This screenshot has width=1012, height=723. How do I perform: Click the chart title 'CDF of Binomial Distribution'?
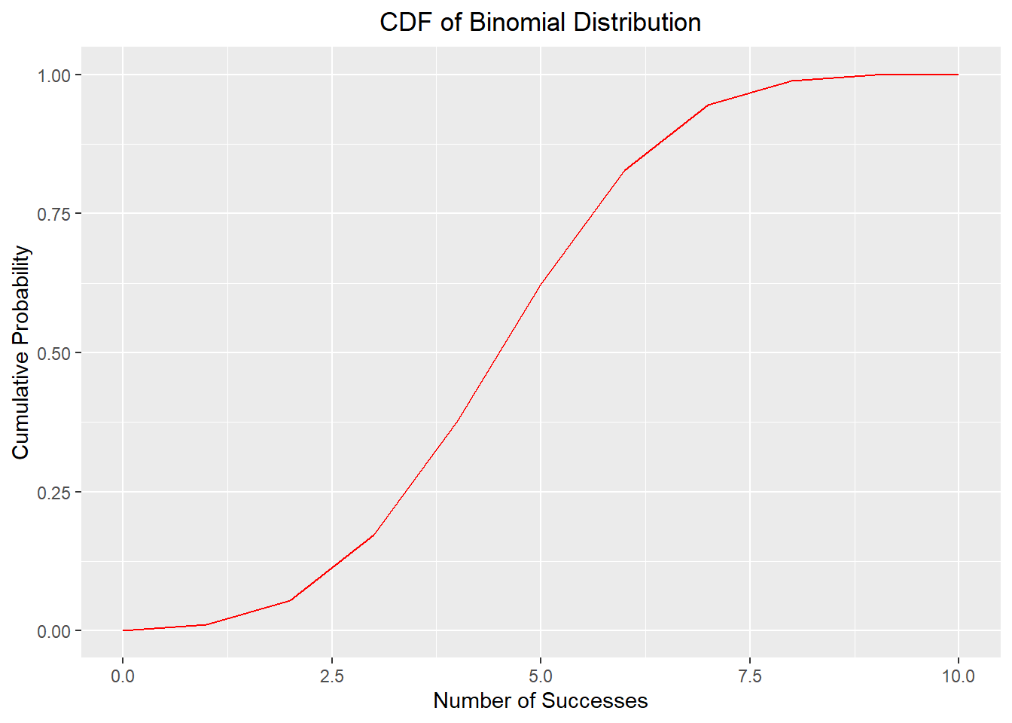[x=540, y=23]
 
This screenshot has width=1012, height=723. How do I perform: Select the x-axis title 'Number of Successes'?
[x=540, y=700]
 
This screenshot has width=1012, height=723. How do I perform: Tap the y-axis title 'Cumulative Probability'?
[x=21, y=352]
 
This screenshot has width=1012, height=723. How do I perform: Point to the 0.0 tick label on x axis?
[x=123, y=676]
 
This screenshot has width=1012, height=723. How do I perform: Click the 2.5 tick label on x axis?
[x=331, y=676]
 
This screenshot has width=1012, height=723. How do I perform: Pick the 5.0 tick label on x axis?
[x=541, y=676]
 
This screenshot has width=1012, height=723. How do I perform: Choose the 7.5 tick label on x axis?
[x=749, y=676]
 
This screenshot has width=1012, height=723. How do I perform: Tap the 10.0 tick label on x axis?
[x=958, y=676]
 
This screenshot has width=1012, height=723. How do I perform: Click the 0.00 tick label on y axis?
[x=53, y=631]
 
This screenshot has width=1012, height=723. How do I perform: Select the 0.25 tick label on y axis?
[x=53, y=492]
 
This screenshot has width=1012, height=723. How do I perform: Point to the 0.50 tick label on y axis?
[x=53, y=353]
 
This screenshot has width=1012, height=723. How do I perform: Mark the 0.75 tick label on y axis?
[x=53, y=214]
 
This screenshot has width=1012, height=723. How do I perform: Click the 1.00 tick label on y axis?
[x=53, y=75]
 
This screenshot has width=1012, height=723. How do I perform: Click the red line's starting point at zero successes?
[x=123, y=630]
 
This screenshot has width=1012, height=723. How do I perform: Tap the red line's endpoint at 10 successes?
[x=958, y=75]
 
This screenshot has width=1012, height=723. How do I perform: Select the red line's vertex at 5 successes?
[x=541, y=285]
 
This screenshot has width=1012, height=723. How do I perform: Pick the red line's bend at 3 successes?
[x=373, y=535]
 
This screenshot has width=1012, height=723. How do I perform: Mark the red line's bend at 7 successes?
[x=708, y=105]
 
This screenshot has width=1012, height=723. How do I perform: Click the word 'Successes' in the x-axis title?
[x=594, y=700]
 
